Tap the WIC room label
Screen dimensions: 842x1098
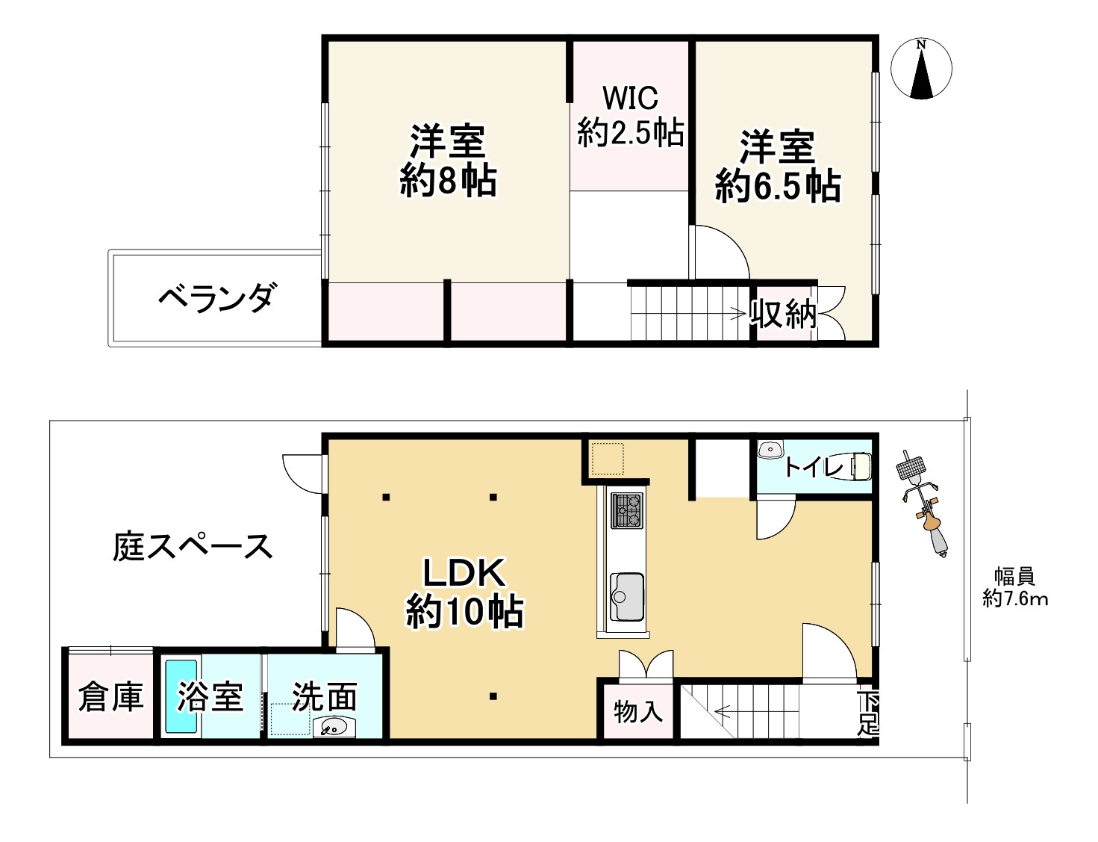coord(630,98)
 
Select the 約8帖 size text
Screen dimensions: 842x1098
coord(448,181)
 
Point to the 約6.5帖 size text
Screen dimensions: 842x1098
coord(778,186)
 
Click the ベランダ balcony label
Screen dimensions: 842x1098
coord(216,298)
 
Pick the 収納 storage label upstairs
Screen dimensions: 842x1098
coord(783,315)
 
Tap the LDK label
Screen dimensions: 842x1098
coord(464,573)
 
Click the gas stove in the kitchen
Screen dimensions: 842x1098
coord(626,510)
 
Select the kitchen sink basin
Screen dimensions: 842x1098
coord(626,596)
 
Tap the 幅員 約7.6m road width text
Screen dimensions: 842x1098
coord(1014,587)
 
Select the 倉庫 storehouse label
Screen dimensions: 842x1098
coord(110,697)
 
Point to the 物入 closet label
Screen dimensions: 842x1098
coord(638,711)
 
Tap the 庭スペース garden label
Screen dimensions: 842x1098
coord(193,547)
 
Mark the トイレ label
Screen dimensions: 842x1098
coord(814,468)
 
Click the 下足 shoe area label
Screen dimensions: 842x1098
coord(867,713)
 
